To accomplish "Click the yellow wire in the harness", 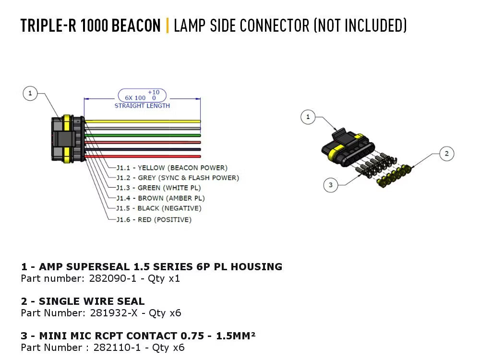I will coord(144,121).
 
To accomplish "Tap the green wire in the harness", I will coord(144,135).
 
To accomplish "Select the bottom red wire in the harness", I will coord(144,156).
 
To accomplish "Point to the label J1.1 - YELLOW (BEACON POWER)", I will coord(172,168).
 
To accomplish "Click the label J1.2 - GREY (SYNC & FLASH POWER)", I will coord(178,178).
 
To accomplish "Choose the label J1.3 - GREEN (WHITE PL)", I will coord(158,188).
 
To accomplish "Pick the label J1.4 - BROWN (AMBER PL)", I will coord(160,198).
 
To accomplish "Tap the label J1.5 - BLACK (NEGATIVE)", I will coord(158,208).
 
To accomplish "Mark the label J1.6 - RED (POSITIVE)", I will coord(154,219).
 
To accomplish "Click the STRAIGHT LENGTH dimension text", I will coord(142,106).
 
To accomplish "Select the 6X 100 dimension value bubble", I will coord(142,95).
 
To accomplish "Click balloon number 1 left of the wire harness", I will coord(30,93).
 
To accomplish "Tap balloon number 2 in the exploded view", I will coord(446,154).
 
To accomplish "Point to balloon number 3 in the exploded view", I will coord(330,184).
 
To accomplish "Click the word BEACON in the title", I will coord(136,25).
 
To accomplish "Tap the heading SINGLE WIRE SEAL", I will coord(91,301).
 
